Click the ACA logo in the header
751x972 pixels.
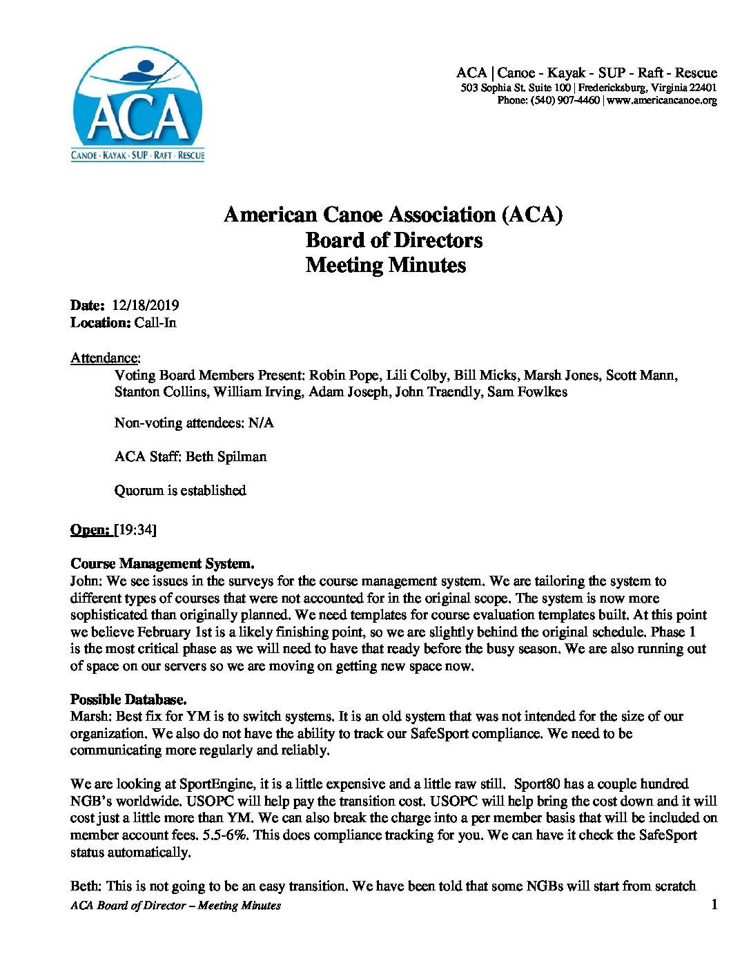(138, 104)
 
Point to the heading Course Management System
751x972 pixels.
(162, 564)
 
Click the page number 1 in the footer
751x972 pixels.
(714, 904)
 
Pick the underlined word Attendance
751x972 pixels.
(105, 358)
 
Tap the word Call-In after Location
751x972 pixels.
(155, 323)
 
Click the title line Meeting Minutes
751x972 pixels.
(386, 265)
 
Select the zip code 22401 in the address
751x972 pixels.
(703, 88)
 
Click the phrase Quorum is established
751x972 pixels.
(180, 491)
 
